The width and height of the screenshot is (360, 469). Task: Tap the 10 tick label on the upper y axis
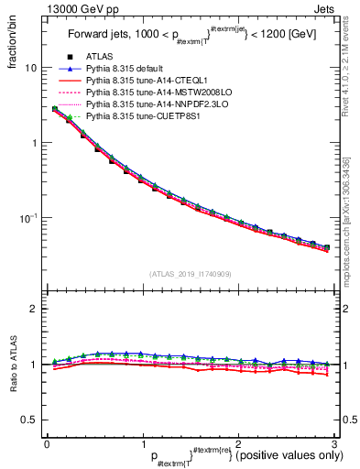(x=30, y=69)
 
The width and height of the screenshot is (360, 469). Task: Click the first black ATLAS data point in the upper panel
(x=55, y=110)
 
